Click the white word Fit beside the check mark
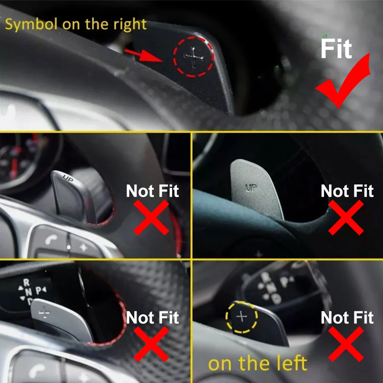click(336, 49)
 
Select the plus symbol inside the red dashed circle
click(194, 57)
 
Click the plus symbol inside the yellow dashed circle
click(242, 317)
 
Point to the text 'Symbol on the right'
click(76, 24)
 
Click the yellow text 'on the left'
click(258, 363)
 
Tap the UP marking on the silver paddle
click(251, 187)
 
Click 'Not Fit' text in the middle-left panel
click(152, 191)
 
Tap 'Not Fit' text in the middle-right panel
click(347, 191)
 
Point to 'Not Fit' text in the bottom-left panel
click(152, 318)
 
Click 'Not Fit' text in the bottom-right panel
click(347, 318)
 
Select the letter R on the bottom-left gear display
click(26, 282)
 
